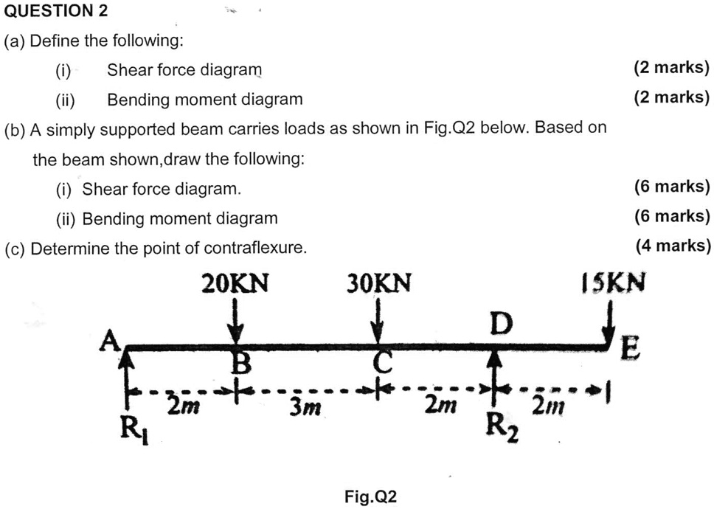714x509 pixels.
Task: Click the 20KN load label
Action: [235, 283]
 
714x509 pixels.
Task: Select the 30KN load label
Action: [379, 283]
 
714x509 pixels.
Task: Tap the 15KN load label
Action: [613, 283]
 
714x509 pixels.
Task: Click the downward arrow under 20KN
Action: [235, 320]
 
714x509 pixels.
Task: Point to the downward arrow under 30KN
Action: [378, 320]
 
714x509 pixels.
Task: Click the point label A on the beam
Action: [110, 342]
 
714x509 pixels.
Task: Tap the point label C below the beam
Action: [384, 364]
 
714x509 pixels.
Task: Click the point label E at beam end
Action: [631, 348]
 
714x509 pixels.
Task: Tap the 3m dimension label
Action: [305, 407]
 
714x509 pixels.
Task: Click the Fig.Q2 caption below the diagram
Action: [371, 496]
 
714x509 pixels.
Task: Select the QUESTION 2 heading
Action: [56, 10]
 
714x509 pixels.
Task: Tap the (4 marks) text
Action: [673, 246]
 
